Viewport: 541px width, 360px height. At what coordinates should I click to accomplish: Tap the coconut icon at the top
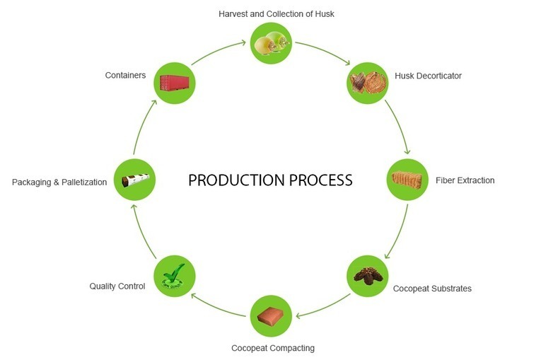click(272, 42)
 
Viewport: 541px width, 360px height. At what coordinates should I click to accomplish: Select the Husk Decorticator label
click(428, 76)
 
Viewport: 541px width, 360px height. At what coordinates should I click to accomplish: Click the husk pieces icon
click(368, 83)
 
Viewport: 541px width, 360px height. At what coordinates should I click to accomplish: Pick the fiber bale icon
click(407, 179)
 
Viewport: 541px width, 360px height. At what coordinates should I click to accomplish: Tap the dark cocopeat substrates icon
click(368, 275)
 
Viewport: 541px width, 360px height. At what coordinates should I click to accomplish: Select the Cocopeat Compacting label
click(273, 348)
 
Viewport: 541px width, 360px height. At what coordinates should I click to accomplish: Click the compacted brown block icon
click(272, 315)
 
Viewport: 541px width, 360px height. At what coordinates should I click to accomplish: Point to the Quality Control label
click(117, 286)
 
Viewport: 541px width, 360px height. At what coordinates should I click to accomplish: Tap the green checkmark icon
click(174, 275)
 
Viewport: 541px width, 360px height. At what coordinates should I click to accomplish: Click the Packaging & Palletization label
click(59, 182)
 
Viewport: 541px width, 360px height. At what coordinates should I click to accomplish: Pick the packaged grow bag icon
click(135, 180)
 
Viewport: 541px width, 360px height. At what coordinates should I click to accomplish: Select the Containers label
click(125, 75)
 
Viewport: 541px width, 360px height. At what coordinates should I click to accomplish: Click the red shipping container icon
click(174, 83)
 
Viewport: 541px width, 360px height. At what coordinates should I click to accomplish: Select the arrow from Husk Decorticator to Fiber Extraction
click(398, 127)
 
